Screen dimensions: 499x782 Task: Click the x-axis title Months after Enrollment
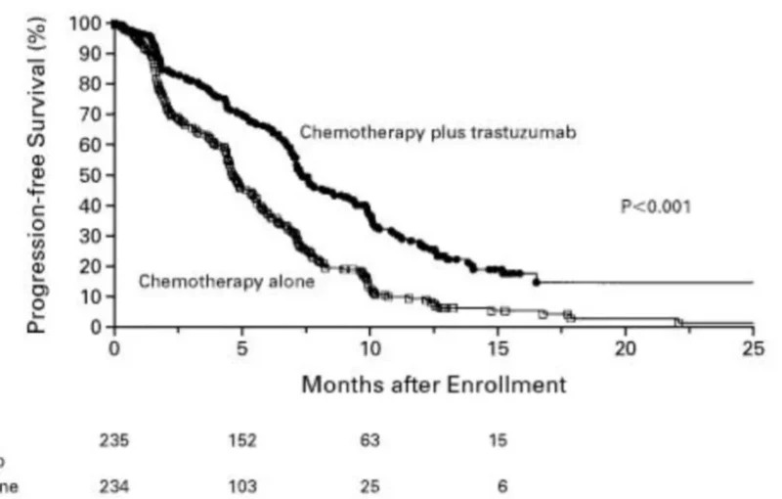pyautogui.click(x=433, y=385)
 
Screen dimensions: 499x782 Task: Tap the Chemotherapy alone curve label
pyautogui.click(x=226, y=282)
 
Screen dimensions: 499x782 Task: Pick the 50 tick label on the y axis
pyautogui.click(x=91, y=175)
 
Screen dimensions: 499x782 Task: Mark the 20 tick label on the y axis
pyautogui.click(x=91, y=266)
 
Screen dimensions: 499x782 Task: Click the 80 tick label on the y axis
pyautogui.click(x=91, y=84)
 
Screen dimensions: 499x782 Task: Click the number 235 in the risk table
pyautogui.click(x=114, y=440)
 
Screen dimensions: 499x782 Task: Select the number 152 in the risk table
pyautogui.click(x=241, y=440)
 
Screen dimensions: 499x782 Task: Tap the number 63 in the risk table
pyautogui.click(x=369, y=440)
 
